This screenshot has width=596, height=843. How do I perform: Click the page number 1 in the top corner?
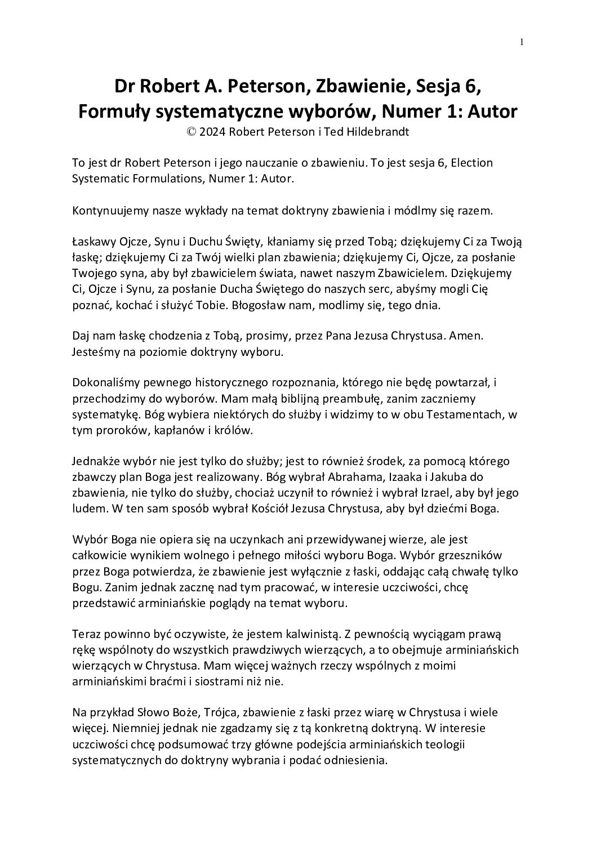[x=522, y=41]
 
